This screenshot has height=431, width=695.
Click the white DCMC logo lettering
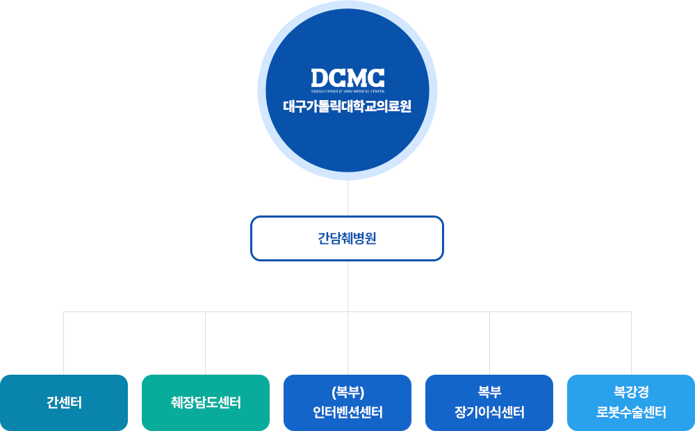[x=347, y=78]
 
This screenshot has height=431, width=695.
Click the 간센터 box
[x=64, y=402]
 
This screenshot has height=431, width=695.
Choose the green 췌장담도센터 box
[x=206, y=402]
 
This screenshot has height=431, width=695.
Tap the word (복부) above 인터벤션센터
[x=347, y=391]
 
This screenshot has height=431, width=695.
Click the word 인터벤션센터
[x=347, y=412]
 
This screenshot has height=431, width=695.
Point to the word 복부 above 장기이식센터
[x=489, y=391]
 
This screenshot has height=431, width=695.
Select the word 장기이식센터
[x=489, y=412]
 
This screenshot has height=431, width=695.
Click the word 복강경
[x=631, y=391]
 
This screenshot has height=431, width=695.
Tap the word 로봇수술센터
[x=631, y=412]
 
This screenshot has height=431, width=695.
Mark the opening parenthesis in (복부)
[x=332, y=391]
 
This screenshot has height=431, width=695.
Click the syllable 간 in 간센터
[x=51, y=402]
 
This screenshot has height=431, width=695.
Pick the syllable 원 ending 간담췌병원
[x=371, y=238]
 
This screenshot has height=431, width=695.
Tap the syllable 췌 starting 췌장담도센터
[x=177, y=402]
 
